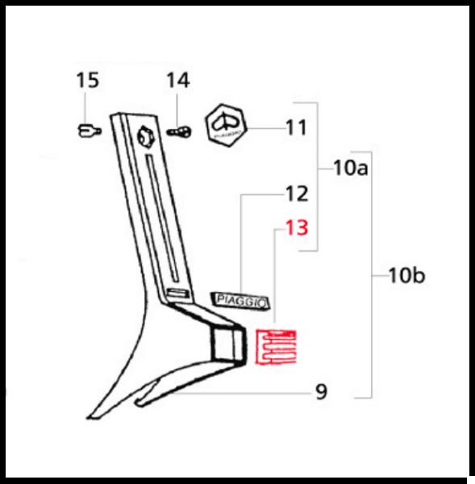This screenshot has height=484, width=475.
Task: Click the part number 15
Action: (x=88, y=80)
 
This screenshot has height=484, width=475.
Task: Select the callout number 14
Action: (x=177, y=80)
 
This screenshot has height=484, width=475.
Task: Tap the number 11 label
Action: (x=296, y=127)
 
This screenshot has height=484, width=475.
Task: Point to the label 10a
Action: (x=351, y=168)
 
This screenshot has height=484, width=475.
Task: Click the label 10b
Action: (x=406, y=275)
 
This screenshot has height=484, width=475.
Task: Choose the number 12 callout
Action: (x=297, y=194)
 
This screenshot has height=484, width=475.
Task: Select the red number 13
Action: (x=297, y=227)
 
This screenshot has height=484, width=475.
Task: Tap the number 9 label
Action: (x=321, y=392)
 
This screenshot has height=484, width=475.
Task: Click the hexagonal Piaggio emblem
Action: (x=227, y=125)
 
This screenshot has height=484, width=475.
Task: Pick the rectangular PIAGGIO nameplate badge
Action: (x=240, y=301)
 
